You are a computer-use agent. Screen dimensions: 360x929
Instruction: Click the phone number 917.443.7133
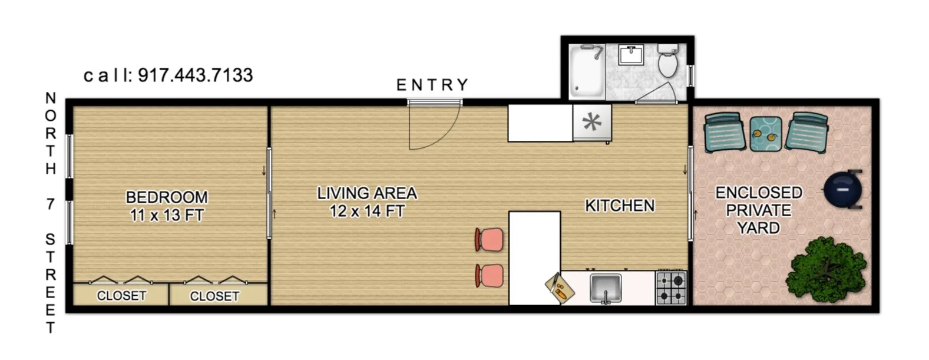(x=195, y=75)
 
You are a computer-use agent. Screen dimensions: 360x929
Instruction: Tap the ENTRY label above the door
(x=432, y=85)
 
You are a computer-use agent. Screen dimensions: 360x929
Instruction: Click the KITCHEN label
(x=620, y=206)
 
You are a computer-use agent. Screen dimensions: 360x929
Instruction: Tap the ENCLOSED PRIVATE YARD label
(x=759, y=210)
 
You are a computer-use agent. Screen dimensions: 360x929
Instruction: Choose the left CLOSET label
(x=121, y=295)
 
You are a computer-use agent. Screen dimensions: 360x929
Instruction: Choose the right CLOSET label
(x=214, y=296)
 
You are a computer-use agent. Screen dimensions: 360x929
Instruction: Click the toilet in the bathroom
(x=669, y=61)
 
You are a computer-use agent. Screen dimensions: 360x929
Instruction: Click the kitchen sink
(x=605, y=288)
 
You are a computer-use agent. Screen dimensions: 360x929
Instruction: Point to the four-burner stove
(x=672, y=288)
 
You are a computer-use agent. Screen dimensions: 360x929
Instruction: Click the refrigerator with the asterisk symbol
(x=592, y=123)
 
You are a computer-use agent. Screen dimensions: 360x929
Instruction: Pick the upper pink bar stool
(x=490, y=240)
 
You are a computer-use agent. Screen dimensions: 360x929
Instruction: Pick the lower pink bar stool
(x=490, y=276)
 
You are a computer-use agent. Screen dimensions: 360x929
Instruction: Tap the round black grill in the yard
(x=844, y=190)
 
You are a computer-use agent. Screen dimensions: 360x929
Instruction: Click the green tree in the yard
(x=828, y=268)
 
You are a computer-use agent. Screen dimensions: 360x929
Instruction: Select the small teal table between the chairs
(x=765, y=134)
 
